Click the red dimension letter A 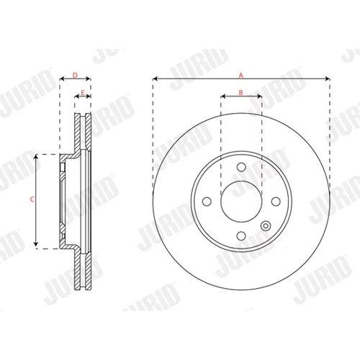point(241,76)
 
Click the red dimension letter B point(240,92)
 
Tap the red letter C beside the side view point(32,199)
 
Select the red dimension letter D point(75,76)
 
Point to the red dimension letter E point(83,92)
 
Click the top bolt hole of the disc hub point(241,167)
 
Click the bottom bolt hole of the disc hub point(241,235)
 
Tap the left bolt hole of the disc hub point(207,202)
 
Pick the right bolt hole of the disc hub point(276,202)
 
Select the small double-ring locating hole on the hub point(266,226)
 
